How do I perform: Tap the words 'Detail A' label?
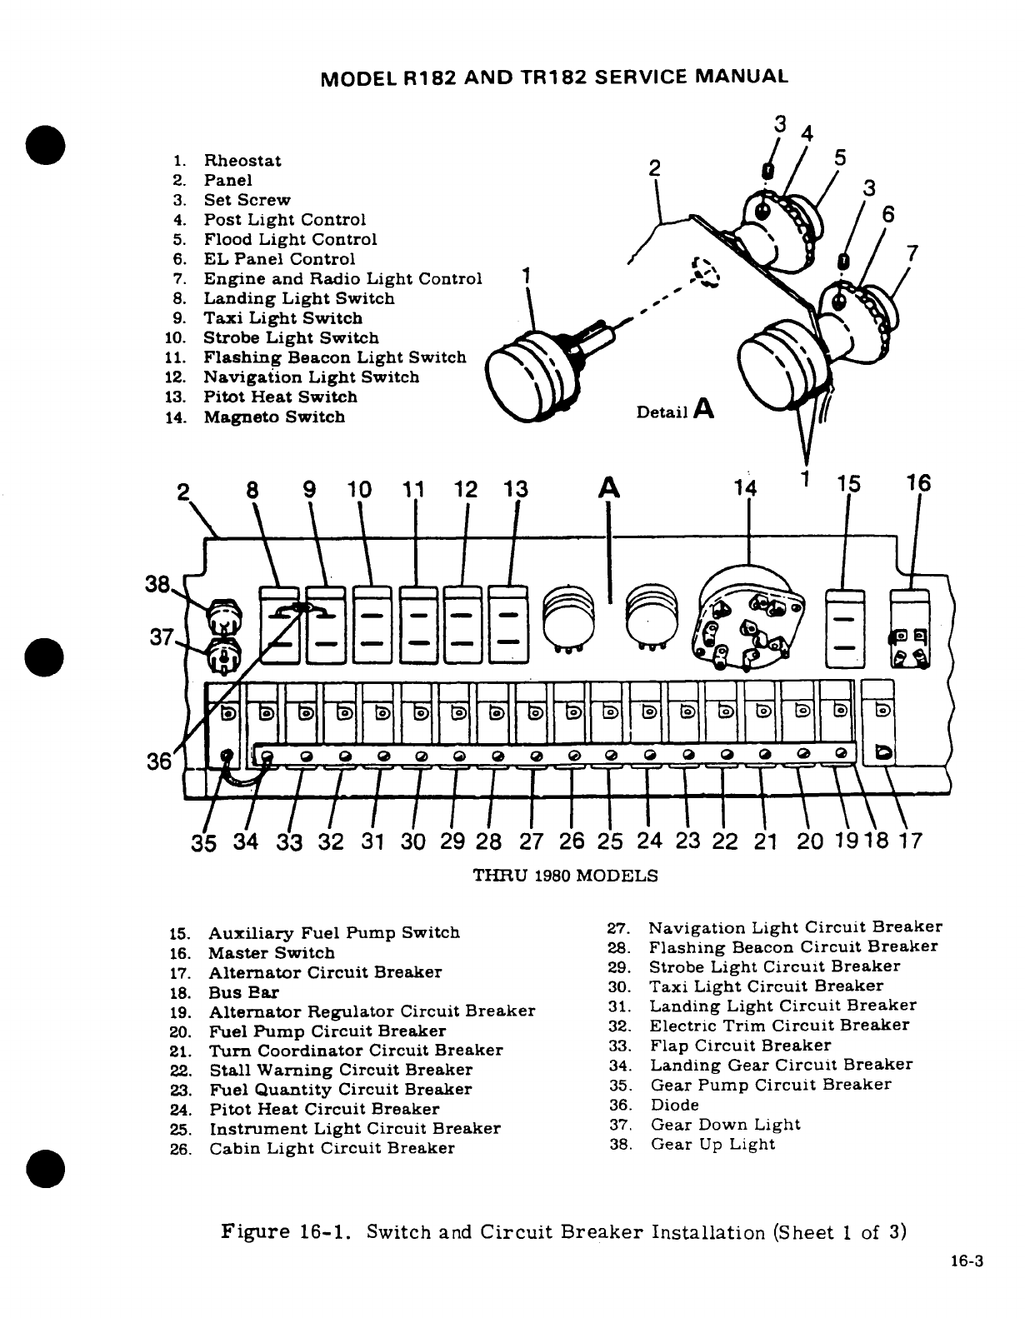point(674,411)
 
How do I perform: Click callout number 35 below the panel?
point(204,841)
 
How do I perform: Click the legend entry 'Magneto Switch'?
point(273,417)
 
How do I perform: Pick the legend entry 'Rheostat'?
point(242,161)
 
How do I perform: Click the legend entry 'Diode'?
point(674,1105)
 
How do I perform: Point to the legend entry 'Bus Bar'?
point(243,992)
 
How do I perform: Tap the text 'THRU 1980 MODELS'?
point(565,876)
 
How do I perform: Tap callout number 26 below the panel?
point(572,841)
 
